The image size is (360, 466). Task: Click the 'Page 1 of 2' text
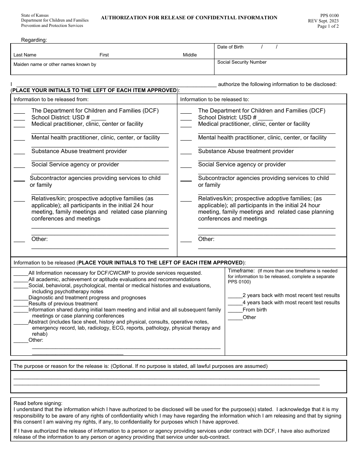(328, 26)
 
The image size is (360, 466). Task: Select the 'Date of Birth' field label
(230, 47)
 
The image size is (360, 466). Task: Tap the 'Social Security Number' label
(242, 62)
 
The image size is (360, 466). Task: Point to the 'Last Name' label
(25, 55)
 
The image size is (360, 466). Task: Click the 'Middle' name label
(190, 55)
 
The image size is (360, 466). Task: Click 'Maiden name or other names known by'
(55, 64)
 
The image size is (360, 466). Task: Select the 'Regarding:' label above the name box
(34, 40)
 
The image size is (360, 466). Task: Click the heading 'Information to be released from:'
(51, 99)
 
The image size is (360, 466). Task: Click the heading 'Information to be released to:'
(214, 99)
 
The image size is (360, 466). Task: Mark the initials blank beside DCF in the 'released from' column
(19, 113)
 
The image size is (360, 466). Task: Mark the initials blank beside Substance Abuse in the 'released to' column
(186, 153)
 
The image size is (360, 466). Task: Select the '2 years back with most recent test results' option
(291, 295)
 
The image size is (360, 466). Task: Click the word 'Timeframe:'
(241, 271)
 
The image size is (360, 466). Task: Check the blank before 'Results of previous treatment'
(21, 305)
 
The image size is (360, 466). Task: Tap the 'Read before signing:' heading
(38, 403)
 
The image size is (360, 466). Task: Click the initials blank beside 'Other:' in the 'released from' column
(19, 241)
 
